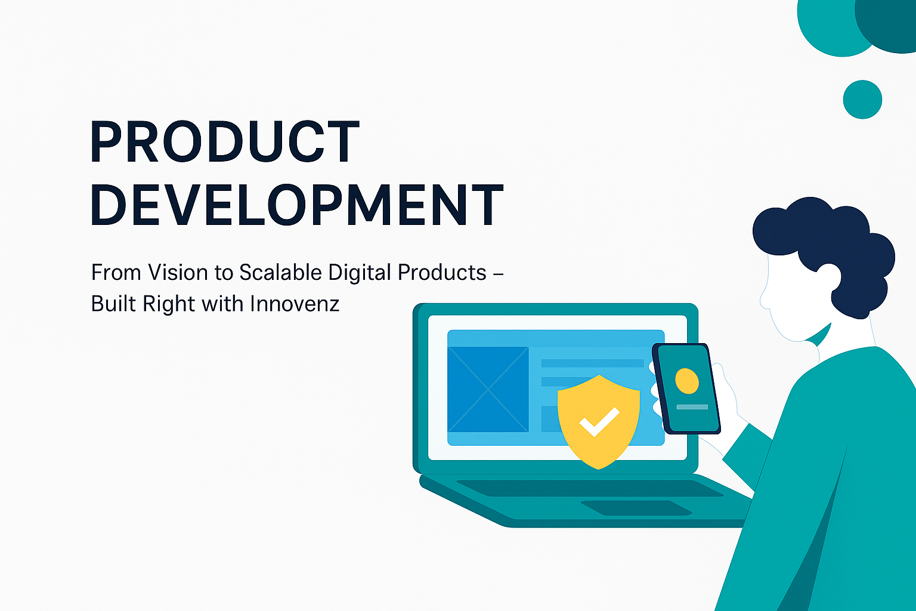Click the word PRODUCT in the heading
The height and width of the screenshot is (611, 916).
coord(224,141)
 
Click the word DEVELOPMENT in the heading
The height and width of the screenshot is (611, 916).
coord(297,205)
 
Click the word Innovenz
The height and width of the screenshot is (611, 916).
coord(295,304)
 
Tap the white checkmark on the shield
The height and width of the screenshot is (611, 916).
coord(599,421)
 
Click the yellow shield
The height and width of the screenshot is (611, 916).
coord(599,421)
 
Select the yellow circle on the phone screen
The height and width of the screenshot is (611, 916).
coord(687,381)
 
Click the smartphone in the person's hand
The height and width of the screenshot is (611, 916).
coord(686,389)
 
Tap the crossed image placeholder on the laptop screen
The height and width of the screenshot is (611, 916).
coord(488,389)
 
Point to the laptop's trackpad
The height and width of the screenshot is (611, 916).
coord(636,508)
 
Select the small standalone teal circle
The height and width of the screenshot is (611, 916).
coord(862,100)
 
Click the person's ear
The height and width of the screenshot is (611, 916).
coord(828,278)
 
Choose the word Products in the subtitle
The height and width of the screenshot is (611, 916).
coord(442,273)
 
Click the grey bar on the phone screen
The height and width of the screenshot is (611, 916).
coord(692,407)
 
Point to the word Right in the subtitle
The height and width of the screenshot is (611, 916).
coord(169,304)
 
